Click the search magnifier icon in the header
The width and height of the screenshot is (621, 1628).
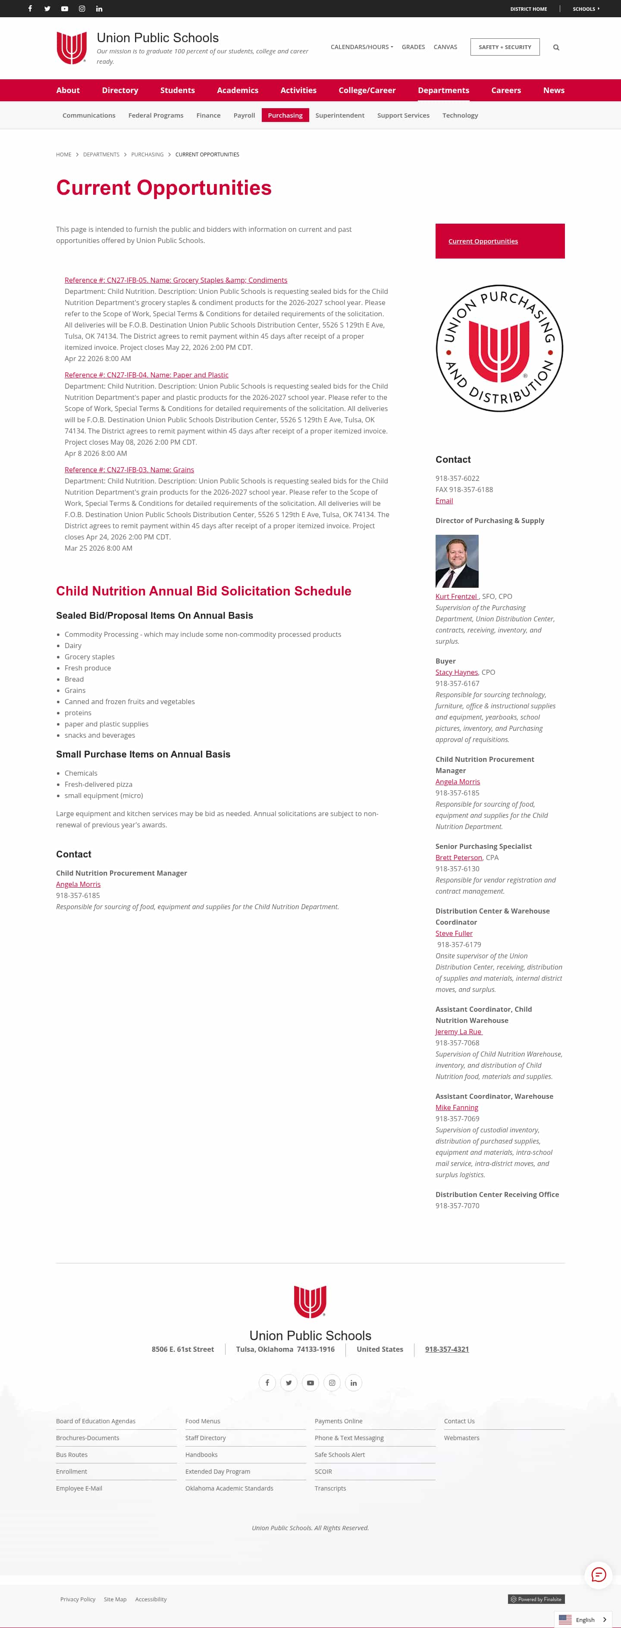[x=556, y=47]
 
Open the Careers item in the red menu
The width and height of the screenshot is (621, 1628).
[x=506, y=90]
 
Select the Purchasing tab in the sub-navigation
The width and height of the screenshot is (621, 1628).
[x=285, y=115]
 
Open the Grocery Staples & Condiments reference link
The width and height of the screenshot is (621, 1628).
[x=176, y=280]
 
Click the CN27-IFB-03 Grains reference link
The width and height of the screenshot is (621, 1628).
[x=129, y=470]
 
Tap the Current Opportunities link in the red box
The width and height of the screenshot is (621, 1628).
[x=483, y=241]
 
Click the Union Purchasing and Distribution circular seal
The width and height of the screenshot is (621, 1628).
[x=499, y=348]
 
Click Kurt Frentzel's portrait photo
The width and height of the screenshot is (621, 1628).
[x=457, y=561]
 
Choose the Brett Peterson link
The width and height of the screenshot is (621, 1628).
[x=458, y=858]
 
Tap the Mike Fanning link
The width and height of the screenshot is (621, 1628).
[x=457, y=1107]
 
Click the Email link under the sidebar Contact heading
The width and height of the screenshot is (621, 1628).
[x=444, y=501]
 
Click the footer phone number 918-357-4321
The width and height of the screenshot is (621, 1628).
[x=447, y=1349]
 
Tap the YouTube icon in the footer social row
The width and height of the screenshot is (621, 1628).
[x=310, y=1383]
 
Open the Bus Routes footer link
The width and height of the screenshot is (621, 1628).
[x=72, y=1455]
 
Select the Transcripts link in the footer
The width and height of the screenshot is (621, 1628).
[x=330, y=1488]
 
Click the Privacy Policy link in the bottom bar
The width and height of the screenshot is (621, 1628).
[x=78, y=1599]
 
